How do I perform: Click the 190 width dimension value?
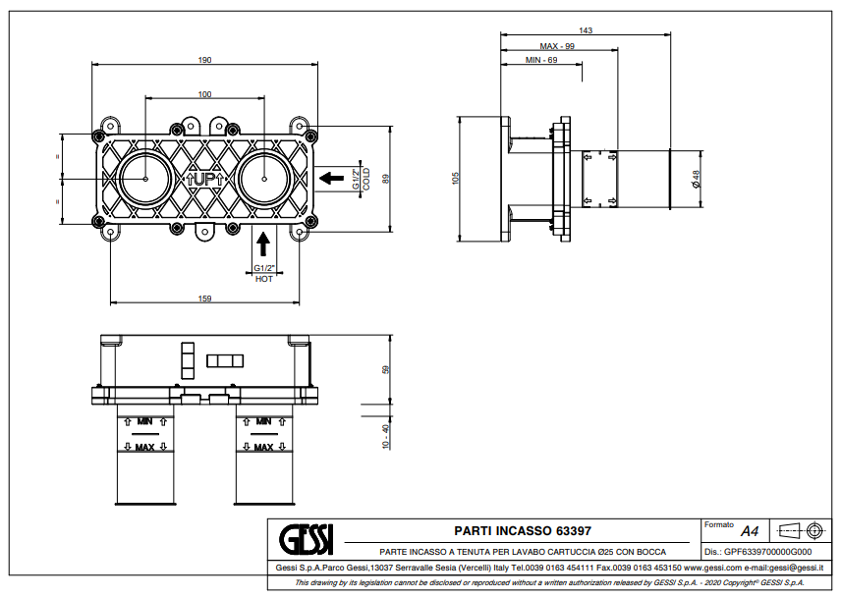204,60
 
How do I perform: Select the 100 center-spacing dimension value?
204,94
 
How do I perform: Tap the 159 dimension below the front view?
204,299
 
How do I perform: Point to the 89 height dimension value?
387,178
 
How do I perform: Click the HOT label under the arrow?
263,279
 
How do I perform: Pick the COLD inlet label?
366,178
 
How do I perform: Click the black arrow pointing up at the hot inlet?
263,242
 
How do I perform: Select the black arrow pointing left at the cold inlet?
332,179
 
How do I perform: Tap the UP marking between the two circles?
205,179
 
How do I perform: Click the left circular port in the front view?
145,179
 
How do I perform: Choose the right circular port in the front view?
265,179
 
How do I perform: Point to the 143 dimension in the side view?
586,30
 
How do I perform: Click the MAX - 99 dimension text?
557,46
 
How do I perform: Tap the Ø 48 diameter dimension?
696,178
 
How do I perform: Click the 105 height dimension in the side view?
456,178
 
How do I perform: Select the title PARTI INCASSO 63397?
523,530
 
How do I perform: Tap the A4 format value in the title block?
750,531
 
